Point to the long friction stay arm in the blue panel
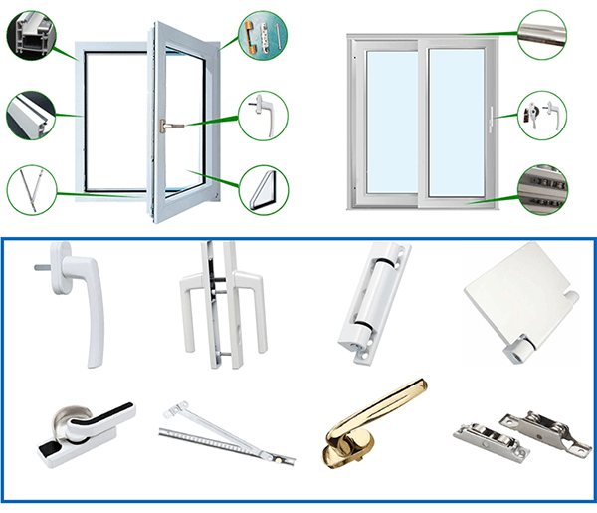224,434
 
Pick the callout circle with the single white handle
264,113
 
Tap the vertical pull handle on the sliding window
491,119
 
